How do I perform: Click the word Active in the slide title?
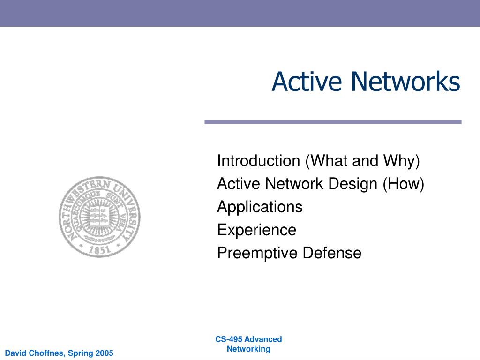pyautogui.click(x=299, y=82)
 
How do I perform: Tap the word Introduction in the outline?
pyautogui.click(x=258, y=161)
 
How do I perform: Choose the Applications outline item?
pyautogui.click(x=260, y=207)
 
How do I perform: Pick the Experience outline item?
pyautogui.click(x=256, y=230)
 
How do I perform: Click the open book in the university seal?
pyautogui.click(x=99, y=215)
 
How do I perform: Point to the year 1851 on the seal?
pyautogui.click(x=99, y=249)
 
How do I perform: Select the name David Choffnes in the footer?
pyautogui.click(x=35, y=353)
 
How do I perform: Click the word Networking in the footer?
pyautogui.click(x=248, y=349)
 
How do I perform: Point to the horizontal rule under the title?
pyautogui.click(x=333, y=122)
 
